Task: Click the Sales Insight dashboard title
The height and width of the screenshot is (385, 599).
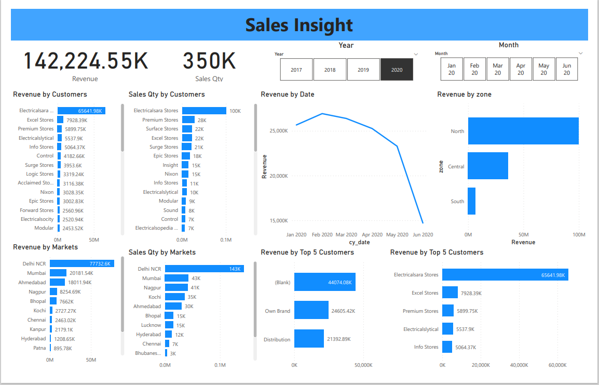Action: tap(299, 25)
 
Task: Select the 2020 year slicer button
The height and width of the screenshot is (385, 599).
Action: tap(397, 70)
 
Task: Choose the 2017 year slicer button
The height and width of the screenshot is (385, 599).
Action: tap(296, 70)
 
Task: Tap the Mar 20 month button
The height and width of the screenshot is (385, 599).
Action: tap(498, 69)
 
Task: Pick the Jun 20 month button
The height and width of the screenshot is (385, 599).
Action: tap(566, 69)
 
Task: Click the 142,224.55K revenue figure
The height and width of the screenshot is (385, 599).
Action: tap(86, 61)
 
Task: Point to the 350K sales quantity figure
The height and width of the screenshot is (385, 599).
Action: tap(209, 61)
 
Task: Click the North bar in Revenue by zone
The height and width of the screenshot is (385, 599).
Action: tap(523, 131)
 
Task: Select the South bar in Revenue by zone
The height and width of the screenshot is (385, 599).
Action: tap(471, 201)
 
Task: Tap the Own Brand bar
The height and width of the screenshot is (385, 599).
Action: tap(311, 311)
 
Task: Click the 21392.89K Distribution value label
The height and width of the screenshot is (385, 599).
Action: tap(338, 339)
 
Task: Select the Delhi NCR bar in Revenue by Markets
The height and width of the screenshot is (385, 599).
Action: tap(81, 263)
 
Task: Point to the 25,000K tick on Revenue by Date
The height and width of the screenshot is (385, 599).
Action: tap(279, 131)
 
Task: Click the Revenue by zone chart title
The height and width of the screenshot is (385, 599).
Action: tap(464, 95)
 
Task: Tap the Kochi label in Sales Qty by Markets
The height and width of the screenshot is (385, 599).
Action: tap(154, 297)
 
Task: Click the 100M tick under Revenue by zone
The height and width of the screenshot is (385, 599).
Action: tap(578, 235)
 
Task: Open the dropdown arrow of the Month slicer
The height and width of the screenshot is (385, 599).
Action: tap(580, 54)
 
